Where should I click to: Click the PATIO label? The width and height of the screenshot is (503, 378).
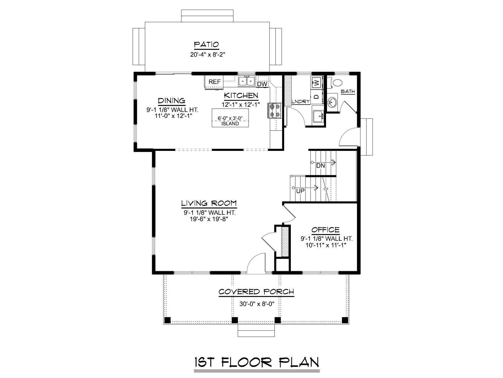(x=206, y=44)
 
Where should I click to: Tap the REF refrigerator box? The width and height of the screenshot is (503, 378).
(x=214, y=82)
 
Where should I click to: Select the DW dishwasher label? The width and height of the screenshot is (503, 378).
(x=262, y=84)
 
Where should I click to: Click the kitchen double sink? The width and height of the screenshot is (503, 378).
(x=246, y=81)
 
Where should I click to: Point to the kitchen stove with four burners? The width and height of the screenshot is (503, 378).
(x=274, y=110)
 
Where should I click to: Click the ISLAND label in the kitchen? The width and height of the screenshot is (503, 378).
(x=230, y=124)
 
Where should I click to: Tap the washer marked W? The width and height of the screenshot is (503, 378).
(x=317, y=82)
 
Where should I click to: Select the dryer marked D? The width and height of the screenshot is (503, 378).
(x=317, y=97)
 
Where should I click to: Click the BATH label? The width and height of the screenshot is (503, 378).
(x=348, y=91)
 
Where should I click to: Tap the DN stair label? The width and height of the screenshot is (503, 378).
(x=320, y=165)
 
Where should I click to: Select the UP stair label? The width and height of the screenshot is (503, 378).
(x=300, y=191)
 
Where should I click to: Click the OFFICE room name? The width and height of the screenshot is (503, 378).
(x=325, y=230)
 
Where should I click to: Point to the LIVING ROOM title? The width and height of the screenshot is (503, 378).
(x=209, y=203)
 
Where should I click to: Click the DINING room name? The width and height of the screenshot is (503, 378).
(x=172, y=101)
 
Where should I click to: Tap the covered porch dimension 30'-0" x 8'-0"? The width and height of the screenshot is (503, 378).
(x=257, y=304)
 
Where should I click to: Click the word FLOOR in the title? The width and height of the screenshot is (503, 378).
(x=247, y=362)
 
